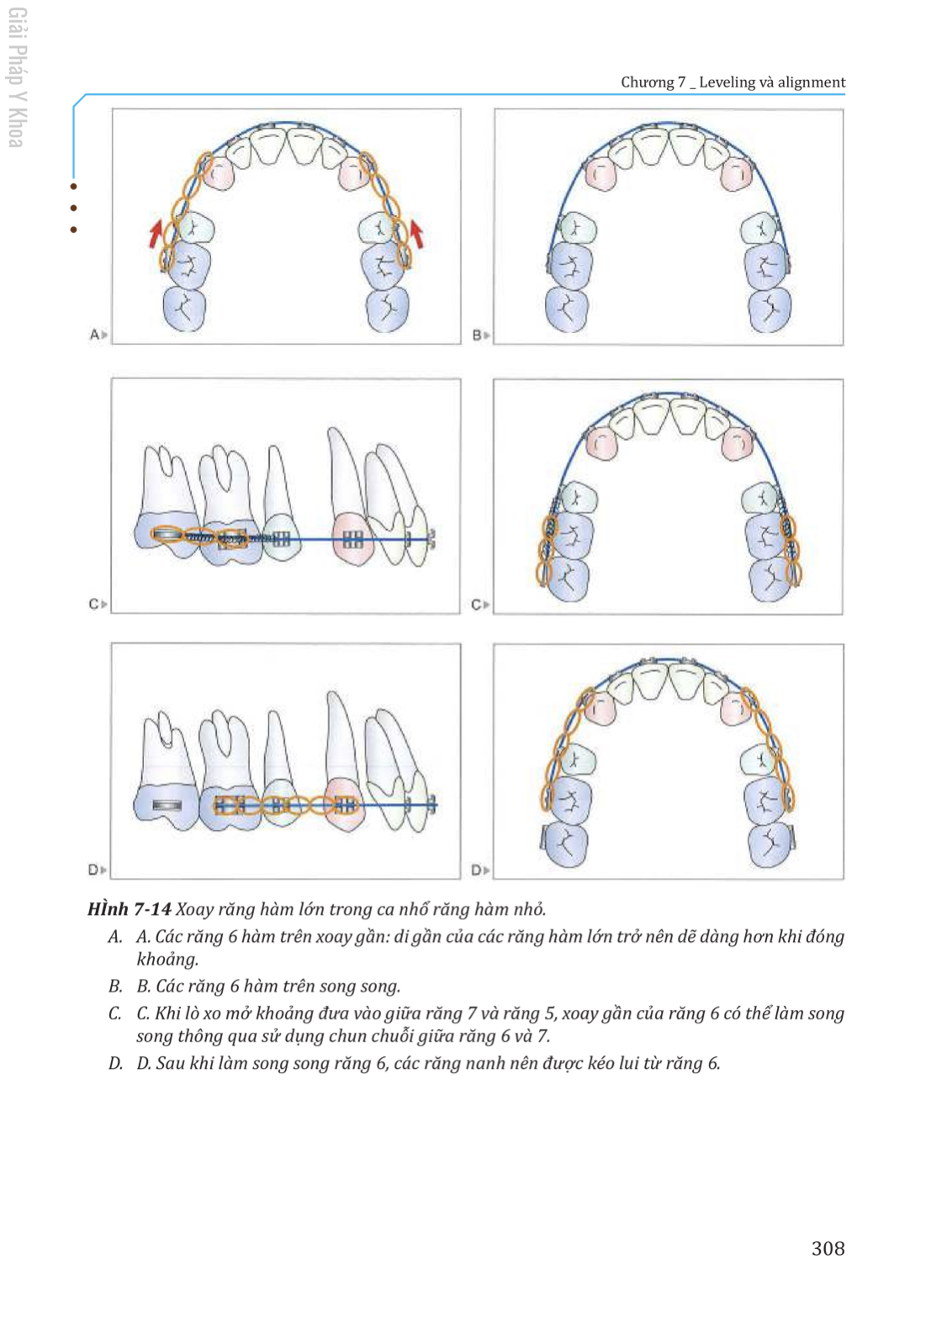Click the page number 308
pyautogui.click(x=828, y=1249)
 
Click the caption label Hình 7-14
pyautogui.click(x=130, y=909)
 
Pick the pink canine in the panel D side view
pyautogui.click(x=345, y=804)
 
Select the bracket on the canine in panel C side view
pyautogui.click(x=352, y=539)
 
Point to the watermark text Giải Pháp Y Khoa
pyautogui.click(x=16, y=77)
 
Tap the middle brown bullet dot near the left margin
pyautogui.click(x=73, y=208)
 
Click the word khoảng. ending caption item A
pyautogui.click(x=167, y=960)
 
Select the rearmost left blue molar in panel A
pyautogui.click(x=185, y=308)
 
